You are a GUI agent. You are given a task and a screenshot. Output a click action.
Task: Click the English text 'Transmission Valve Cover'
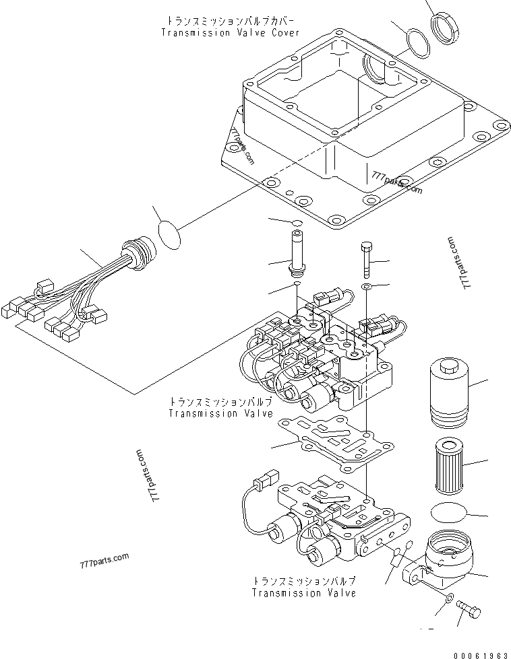[230, 32]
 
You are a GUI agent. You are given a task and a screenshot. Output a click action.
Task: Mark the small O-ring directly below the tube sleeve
[297, 285]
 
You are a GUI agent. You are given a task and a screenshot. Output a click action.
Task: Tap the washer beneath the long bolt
[367, 287]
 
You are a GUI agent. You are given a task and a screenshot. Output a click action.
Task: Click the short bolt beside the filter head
[469, 609]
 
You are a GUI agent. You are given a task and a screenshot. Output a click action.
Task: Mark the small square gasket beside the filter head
[398, 557]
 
